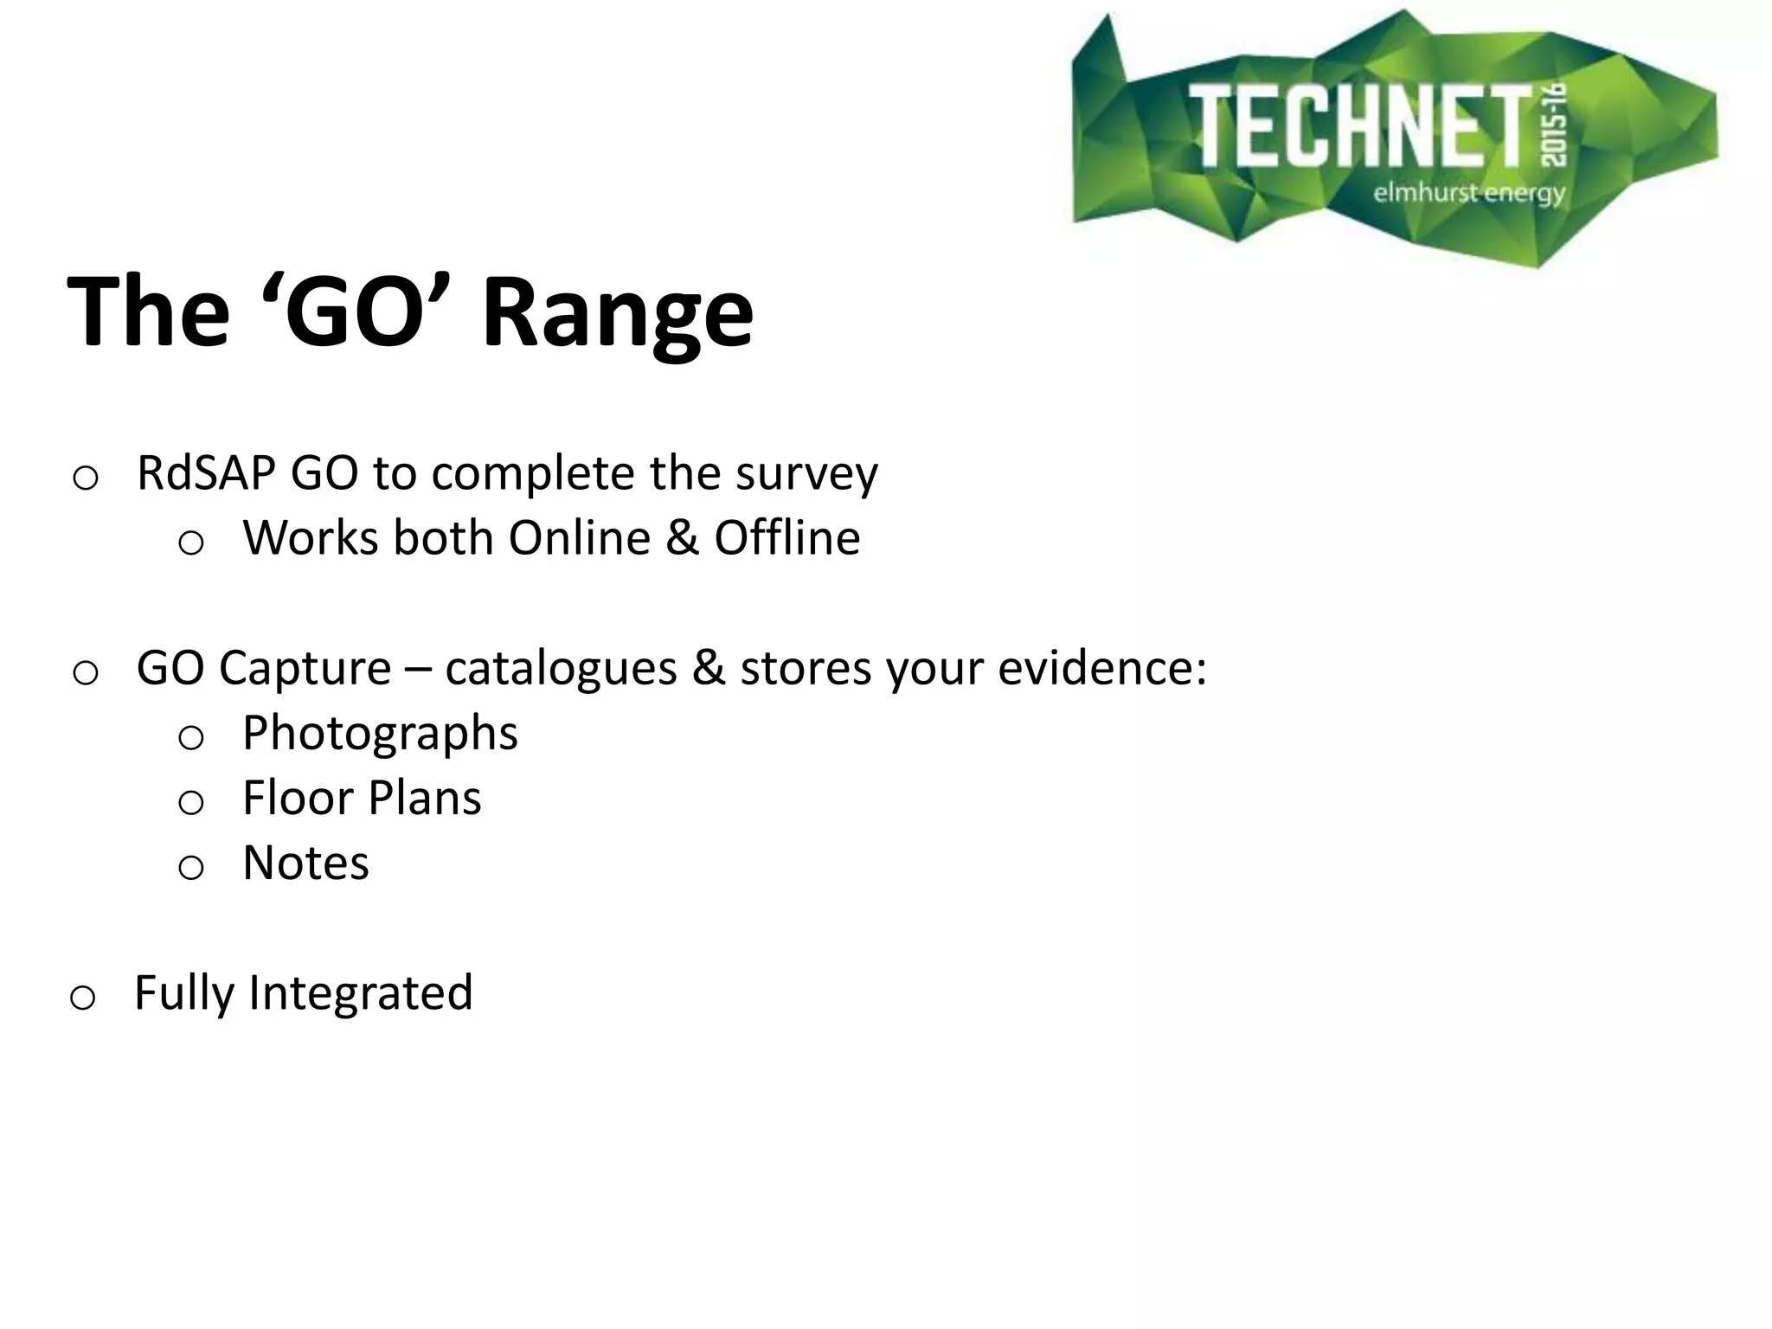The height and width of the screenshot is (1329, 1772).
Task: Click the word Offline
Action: [x=786, y=538]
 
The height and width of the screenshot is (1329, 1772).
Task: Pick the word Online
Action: [x=579, y=538]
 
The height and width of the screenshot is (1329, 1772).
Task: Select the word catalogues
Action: [x=561, y=669]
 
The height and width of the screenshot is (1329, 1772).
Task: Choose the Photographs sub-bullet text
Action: [x=380, y=734]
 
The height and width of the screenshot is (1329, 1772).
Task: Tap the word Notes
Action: [x=305, y=863]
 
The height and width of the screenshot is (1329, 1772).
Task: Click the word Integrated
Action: [x=360, y=992]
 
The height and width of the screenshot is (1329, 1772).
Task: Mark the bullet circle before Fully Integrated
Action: [x=81, y=998]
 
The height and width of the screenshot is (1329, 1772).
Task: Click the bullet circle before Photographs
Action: [x=190, y=738]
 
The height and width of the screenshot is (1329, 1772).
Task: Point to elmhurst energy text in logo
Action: [x=1469, y=192]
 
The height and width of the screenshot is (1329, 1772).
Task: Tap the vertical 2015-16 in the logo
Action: [x=1555, y=130]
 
